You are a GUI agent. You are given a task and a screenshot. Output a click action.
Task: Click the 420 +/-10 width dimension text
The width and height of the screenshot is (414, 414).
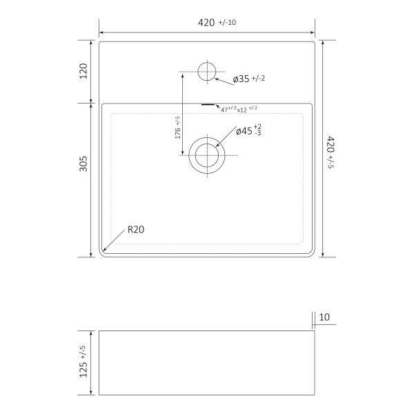[217, 23]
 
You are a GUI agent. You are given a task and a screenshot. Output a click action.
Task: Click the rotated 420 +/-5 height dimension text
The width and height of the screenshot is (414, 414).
[331, 152]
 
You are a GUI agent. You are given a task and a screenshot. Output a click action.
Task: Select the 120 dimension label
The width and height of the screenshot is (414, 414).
[83, 71]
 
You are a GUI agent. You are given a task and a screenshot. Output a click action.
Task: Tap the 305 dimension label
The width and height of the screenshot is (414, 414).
[83, 164]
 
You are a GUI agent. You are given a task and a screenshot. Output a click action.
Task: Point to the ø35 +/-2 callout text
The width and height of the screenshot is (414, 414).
[249, 79]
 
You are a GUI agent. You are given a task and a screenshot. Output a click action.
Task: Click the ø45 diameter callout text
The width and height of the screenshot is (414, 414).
[248, 130]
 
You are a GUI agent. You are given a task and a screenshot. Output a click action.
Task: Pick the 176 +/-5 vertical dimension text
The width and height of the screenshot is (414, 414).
[178, 128]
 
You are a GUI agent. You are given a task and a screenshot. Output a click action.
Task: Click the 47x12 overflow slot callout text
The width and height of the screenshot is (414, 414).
[239, 109]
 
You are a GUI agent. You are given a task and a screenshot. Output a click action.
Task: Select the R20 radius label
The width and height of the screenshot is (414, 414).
[136, 230]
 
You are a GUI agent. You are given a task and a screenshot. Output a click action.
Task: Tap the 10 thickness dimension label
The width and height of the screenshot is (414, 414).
[324, 317]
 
